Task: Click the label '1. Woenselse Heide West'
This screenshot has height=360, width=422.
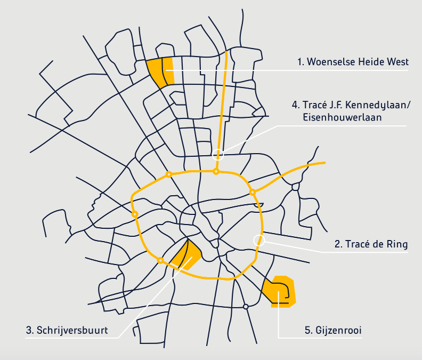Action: [353, 62]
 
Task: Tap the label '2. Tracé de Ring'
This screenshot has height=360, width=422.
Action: [371, 245]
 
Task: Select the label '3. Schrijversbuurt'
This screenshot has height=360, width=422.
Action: [67, 330]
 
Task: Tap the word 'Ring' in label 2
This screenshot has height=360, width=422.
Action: [397, 245]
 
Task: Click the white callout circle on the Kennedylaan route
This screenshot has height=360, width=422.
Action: [217, 155]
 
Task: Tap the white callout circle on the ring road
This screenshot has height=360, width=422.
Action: [258, 240]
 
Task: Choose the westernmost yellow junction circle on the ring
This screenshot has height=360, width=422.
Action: [135, 214]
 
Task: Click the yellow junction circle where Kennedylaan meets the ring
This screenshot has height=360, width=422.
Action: [216, 171]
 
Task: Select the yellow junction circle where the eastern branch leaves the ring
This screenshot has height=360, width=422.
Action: [253, 191]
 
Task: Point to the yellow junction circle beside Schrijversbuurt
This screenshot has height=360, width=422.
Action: [160, 260]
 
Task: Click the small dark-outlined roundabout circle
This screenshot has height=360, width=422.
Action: [246, 307]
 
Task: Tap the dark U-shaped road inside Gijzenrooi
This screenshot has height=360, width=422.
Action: [285, 291]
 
